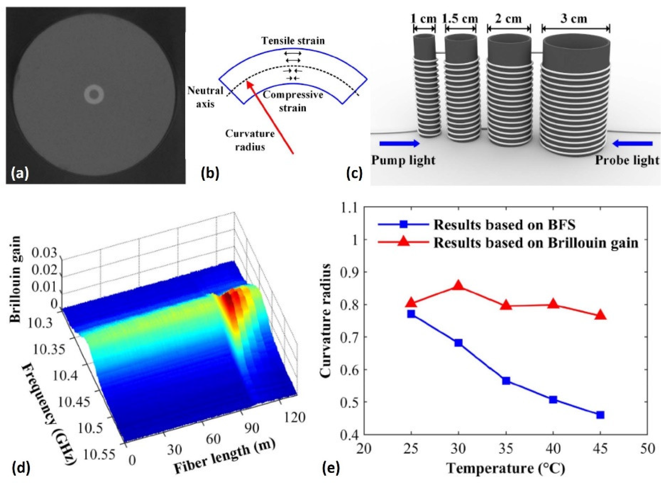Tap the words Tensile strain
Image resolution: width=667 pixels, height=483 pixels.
(293, 41)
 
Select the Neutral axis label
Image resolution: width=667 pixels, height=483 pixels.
(205, 97)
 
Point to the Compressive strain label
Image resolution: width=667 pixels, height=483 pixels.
(293, 101)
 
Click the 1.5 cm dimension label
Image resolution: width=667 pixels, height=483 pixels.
(460, 18)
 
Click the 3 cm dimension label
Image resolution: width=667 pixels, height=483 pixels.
(574, 18)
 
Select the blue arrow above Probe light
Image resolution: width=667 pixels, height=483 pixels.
(632, 143)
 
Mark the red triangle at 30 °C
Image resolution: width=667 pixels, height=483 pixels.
(458, 286)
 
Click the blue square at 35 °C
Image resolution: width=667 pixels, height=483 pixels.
(506, 381)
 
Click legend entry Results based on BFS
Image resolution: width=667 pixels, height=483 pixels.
(504, 225)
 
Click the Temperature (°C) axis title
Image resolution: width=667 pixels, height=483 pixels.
(506, 468)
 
